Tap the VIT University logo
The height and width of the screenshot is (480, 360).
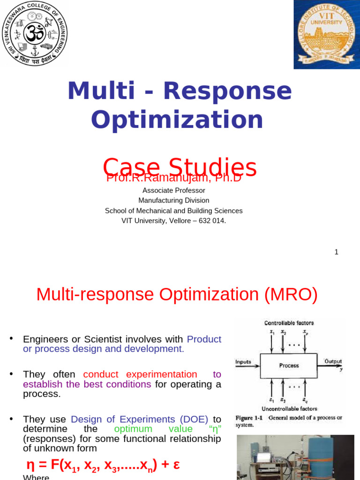click(x=326, y=34)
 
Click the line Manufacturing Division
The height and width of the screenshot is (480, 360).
click(x=173, y=201)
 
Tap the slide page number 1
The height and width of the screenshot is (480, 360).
click(x=336, y=252)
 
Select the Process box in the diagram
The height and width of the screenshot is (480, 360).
click(x=289, y=365)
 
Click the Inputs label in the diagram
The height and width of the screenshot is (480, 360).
click(x=243, y=362)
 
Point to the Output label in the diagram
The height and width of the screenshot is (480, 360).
click(x=333, y=361)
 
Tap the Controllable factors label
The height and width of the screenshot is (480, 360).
click(x=289, y=323)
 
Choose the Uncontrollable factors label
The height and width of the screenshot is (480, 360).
click(x=290, y=409)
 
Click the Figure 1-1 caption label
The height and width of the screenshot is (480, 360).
click(x=248, y=418)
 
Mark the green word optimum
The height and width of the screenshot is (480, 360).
click(x=133, y=429)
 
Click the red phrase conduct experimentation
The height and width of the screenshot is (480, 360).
click(x=140, y=374)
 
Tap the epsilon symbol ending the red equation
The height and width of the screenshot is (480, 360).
click(x=176, y=465)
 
